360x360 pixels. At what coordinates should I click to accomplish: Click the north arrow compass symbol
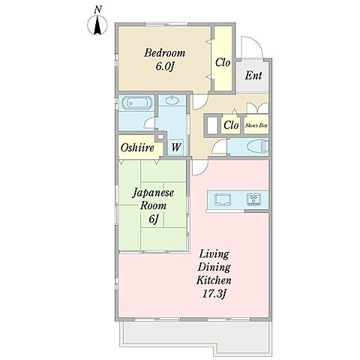point(97,25)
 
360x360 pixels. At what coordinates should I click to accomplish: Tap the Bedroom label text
point(165,53)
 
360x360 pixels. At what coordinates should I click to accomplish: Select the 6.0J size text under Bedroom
point(165,67)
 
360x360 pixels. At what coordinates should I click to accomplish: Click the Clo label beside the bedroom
point(223,62)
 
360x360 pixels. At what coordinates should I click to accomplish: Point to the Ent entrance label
point(253,75)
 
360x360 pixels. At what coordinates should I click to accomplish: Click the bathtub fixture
point(137,103)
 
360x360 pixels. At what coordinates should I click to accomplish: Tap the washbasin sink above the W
point(172,100)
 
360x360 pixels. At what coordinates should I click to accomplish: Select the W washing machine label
point(176,147)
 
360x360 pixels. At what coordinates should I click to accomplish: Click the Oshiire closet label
point(137,148)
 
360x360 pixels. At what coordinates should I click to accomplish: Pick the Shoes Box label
point(256,125)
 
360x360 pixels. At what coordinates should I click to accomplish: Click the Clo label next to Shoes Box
point(231,125)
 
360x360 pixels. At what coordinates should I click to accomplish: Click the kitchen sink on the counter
point(223,199)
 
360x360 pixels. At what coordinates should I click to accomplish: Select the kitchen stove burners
point(254,199)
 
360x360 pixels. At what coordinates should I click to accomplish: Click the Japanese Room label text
point(153,199)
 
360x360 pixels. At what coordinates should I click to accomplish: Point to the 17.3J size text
point(214,294)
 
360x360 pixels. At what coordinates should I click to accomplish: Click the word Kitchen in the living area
point(214,280)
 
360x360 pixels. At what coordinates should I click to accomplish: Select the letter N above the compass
point(98,10)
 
